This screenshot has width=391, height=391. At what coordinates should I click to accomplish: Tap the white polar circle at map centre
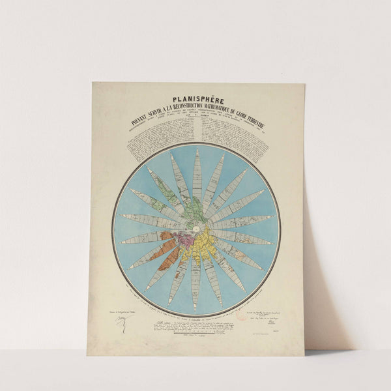click(196, 227)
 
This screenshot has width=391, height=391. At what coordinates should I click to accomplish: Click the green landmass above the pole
click(194, 210)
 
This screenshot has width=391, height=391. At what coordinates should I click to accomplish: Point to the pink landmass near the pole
click(186, 240)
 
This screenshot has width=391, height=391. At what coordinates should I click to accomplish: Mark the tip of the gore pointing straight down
click(196, 306)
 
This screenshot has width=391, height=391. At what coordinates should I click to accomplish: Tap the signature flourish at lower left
click(122, 321)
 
